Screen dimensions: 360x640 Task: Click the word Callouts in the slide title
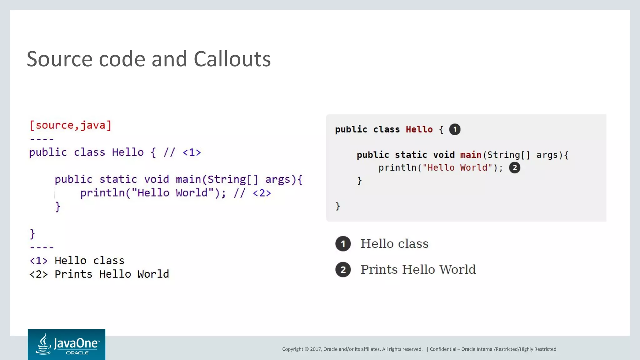232,59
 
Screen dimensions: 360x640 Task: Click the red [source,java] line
70,125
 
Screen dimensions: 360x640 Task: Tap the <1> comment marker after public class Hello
192,152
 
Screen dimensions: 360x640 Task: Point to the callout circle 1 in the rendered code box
455,129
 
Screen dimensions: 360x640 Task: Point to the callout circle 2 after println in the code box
514,168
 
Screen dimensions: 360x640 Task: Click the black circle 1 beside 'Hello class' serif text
343,244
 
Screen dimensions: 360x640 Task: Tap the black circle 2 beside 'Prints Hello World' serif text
343,270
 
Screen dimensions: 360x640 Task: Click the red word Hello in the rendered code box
419,129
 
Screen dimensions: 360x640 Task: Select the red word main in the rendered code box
471,155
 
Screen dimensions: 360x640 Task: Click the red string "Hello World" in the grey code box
457,168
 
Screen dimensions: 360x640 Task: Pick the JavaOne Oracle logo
67,344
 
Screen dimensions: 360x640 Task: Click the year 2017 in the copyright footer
316,349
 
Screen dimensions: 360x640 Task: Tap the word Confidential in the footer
443,349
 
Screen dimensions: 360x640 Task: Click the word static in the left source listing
118,179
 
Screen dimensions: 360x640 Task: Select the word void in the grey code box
444,155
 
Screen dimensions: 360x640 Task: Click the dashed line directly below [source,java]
42,139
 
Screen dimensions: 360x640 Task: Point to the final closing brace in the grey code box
337,206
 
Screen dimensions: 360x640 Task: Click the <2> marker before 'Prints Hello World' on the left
38,274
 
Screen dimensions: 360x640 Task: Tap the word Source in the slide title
59,59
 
